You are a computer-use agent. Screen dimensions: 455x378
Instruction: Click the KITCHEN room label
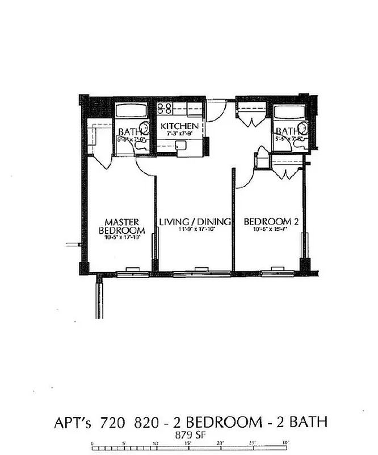[x=179, y=126]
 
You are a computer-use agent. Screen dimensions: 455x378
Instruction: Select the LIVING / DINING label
[x=195, y=221]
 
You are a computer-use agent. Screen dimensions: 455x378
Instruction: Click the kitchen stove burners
[x=165, y=108]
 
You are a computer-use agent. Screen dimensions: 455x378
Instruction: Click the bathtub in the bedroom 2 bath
[x=289, y=110]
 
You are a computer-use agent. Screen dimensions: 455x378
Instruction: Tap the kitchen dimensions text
[x=179, y=134]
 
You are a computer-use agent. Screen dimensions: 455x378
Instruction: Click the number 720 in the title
[x=111, y=423]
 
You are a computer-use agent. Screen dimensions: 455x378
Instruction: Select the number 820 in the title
[x=146, y=423]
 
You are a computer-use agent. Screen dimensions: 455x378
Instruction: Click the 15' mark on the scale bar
[x=187, y=444]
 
